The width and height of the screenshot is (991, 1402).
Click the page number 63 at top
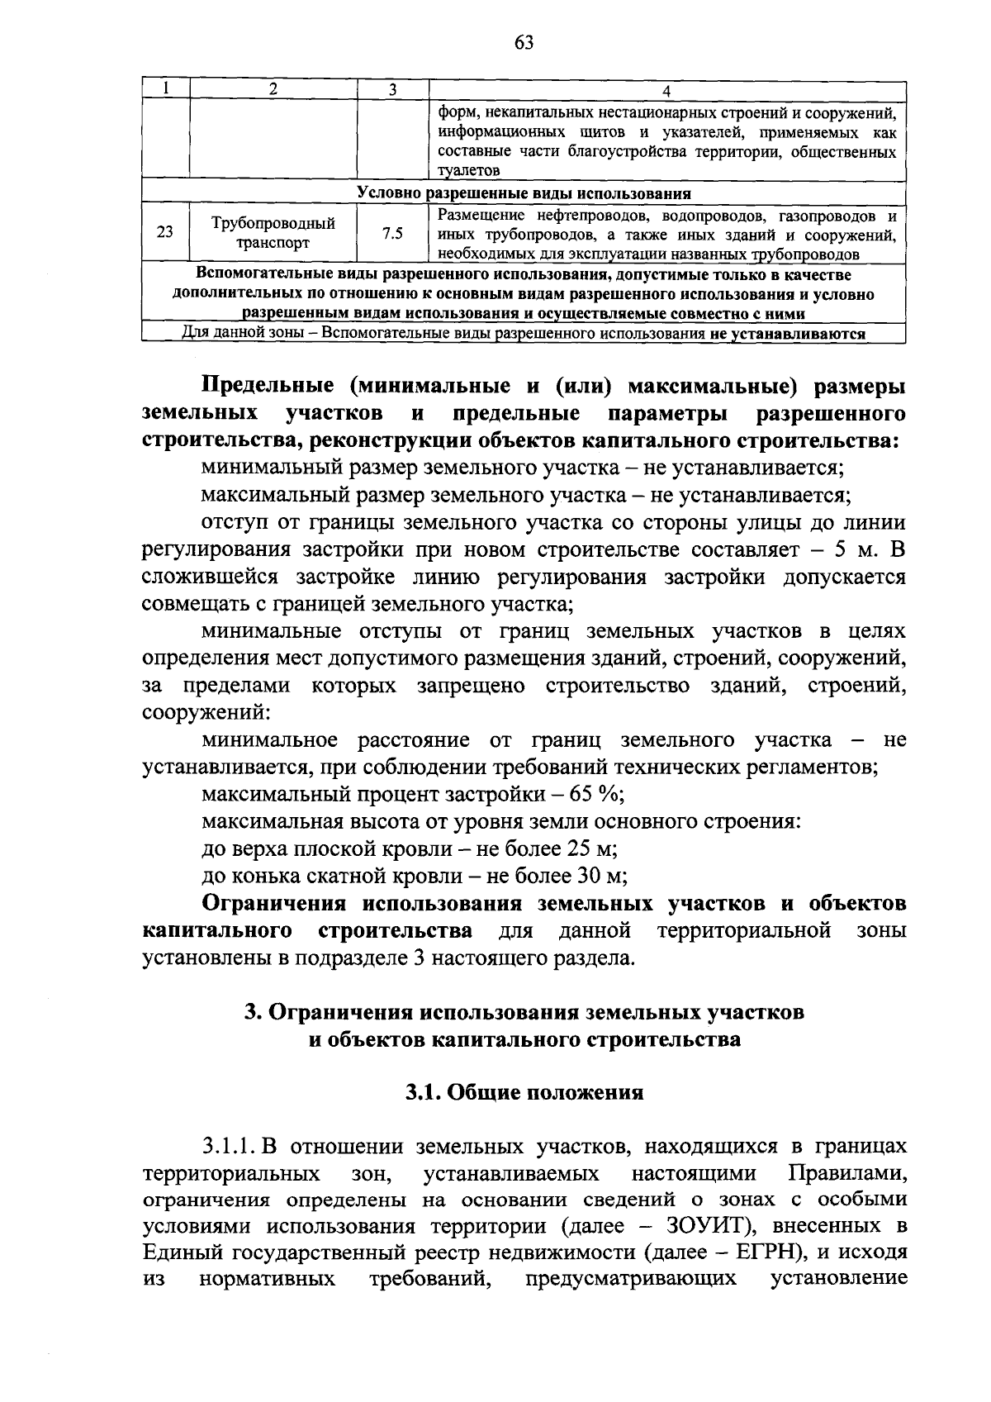click(524, 44)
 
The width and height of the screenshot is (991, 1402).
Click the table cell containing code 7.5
click(393, 234)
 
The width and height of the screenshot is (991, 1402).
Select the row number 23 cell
click(165, 233)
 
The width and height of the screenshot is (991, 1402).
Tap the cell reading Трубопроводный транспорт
click(273, 233)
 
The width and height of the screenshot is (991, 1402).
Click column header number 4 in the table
click(667, 90)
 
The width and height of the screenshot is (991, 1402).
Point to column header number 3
click(393, 90)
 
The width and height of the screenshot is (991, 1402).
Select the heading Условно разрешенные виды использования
click(524, 193)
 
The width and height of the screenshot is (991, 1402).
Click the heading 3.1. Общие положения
click(524, 1093)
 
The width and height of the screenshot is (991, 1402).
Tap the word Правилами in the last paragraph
click(846, 1173)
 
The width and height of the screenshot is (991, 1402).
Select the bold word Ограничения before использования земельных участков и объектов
click(276, 903)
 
